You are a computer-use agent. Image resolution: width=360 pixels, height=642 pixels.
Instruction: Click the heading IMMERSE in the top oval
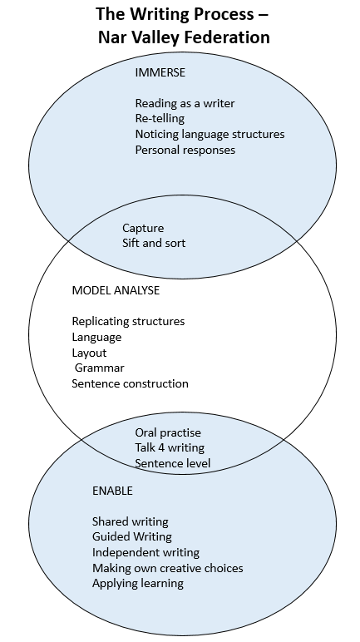coord(160,72)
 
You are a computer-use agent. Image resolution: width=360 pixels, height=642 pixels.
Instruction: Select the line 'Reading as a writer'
coord(185,103)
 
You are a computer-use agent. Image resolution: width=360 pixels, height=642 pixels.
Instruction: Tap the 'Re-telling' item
coord(160,119)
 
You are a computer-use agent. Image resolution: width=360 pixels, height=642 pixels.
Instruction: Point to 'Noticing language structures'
coord(210,134)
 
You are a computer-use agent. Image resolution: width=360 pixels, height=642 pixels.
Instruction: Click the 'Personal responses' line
coord(185,150)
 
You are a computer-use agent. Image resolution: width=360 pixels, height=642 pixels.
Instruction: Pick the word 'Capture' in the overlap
coord(143,228)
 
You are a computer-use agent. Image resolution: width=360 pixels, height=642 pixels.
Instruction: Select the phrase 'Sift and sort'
coord(154,243)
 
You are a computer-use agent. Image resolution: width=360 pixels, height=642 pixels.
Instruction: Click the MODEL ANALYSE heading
coord(116,290)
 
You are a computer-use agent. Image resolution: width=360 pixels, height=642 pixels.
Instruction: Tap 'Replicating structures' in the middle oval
coord(128,321)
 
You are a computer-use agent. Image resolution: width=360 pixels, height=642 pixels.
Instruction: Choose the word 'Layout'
coord(89,353)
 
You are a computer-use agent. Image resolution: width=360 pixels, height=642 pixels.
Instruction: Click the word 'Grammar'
coord(99,368)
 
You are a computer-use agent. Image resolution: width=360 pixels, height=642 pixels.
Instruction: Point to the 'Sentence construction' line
coord(131,383)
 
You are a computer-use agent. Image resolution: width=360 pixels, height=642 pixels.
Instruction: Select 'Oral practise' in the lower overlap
coord(168,432)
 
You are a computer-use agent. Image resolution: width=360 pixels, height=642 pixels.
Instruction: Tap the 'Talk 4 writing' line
coord(170,448)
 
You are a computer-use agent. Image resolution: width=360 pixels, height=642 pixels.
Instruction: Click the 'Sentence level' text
coord(172,463)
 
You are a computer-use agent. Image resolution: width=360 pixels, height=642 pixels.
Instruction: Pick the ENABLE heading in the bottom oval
coord(112,491)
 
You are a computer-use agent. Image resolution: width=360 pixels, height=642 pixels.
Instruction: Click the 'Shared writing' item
coord(131,521)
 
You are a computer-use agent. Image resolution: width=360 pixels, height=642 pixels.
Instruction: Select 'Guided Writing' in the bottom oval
coord(132,536)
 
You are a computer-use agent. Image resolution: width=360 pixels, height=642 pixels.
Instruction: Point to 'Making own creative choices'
coord(167,568)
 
